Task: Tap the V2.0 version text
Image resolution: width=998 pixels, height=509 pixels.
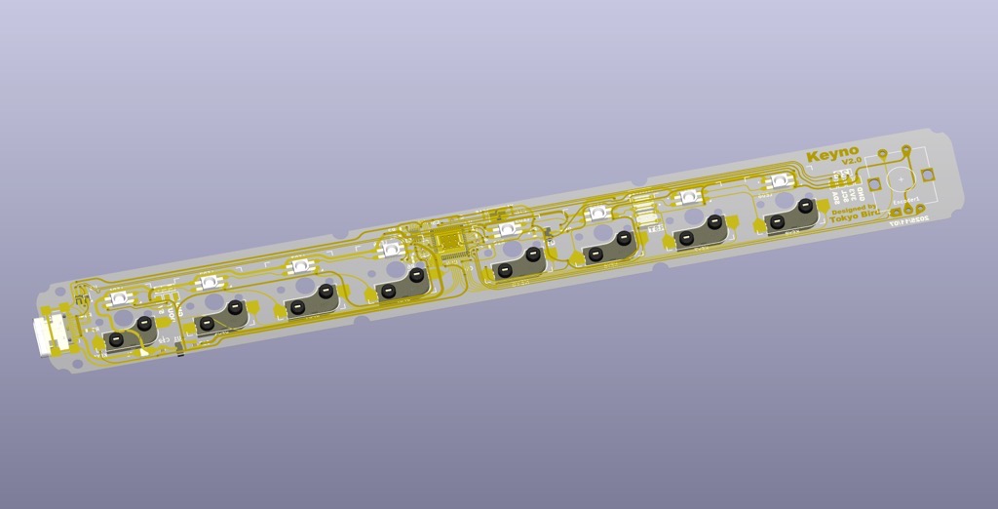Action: coord(851,161)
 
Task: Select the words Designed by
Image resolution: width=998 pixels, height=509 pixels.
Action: coord(854,208)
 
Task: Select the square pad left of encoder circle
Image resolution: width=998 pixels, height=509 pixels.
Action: coord(874,184)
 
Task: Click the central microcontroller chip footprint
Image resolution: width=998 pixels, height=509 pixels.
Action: coord(450,240)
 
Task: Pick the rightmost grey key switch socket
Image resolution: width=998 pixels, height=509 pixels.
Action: coord(790,215)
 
